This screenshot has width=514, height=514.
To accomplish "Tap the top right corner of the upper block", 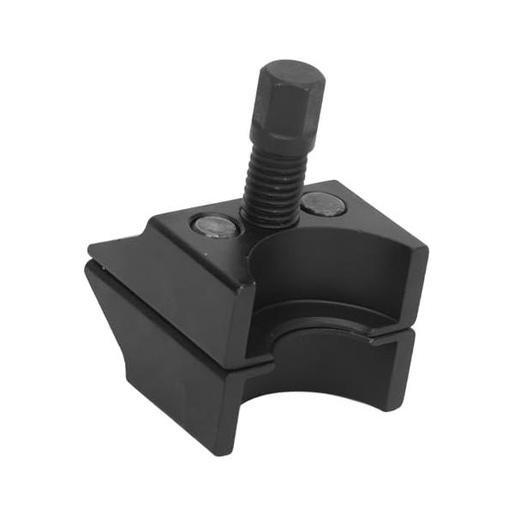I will point(425,248).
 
